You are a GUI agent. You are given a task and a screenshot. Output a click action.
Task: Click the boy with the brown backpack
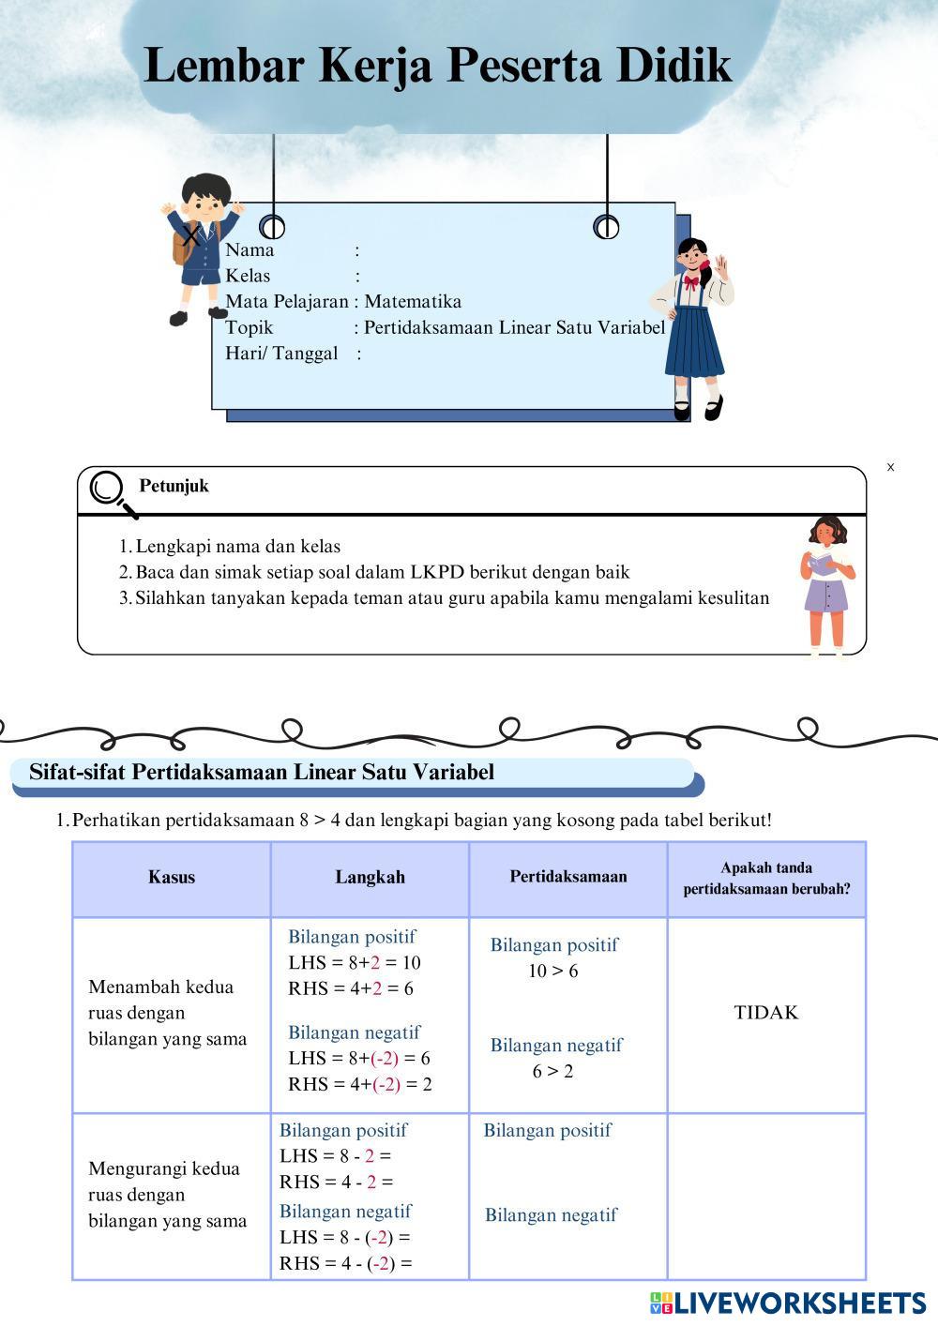[200, 247]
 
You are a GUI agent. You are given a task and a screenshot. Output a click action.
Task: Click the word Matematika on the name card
[413, 302]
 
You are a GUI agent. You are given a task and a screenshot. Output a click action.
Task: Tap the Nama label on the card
[250, 250]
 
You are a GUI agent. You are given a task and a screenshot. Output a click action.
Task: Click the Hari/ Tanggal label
[281, 354]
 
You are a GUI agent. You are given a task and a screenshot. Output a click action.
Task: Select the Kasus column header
[172, 878]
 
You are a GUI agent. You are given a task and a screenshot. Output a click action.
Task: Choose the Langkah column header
[371, 878]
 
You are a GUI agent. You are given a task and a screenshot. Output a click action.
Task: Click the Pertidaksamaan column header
[568, 877]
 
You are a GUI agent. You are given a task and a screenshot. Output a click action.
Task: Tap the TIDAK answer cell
[766, 1013]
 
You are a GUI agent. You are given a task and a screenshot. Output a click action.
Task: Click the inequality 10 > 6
[553, 972]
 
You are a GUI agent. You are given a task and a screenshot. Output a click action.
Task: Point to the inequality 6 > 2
[553, 1072]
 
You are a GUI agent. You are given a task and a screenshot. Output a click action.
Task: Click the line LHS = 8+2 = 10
[355, 963]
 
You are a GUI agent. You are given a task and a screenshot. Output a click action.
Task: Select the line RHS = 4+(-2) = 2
[360, 1085]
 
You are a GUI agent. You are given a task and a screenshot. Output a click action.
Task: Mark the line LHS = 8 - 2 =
[335, 1156]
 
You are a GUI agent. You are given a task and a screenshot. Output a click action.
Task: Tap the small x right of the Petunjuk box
[890, 467]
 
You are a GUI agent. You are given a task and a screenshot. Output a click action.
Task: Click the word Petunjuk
[174, 486]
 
